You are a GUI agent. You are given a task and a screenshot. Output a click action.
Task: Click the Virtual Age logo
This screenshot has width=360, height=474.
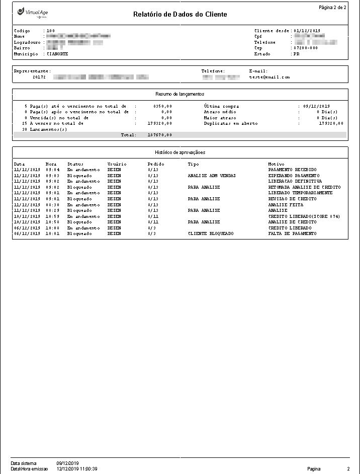[33, 12]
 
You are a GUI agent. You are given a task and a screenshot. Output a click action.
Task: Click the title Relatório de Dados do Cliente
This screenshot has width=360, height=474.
[180, 14]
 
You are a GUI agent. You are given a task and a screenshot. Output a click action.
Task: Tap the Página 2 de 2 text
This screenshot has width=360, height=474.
[332, 8]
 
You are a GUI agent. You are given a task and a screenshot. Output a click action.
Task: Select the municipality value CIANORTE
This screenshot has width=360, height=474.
[57, 53]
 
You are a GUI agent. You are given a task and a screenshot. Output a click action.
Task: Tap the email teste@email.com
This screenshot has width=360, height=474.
[269, 77]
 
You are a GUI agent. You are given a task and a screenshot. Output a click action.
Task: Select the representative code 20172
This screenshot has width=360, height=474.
[39, 77]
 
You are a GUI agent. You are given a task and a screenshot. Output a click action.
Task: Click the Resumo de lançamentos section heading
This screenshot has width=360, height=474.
[180, 94]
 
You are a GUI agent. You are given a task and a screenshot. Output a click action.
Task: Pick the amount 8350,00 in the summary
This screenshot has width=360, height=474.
[162, 107]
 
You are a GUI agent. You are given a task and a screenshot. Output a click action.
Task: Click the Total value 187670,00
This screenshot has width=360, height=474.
[160, 135]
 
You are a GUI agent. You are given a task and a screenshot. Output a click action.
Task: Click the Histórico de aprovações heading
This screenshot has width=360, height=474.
[180, 152]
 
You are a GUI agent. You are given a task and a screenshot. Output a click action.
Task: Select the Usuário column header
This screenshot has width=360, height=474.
[117, 164]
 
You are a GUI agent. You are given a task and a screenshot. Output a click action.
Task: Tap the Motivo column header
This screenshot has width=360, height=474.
[276, 164]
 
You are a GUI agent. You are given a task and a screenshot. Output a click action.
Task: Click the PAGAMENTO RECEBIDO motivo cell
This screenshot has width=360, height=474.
[293, 170]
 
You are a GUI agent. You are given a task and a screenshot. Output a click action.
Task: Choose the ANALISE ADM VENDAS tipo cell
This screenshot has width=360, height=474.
[212, 176]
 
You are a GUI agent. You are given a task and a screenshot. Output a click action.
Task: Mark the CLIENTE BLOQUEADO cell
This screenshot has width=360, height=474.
[211, 234]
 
